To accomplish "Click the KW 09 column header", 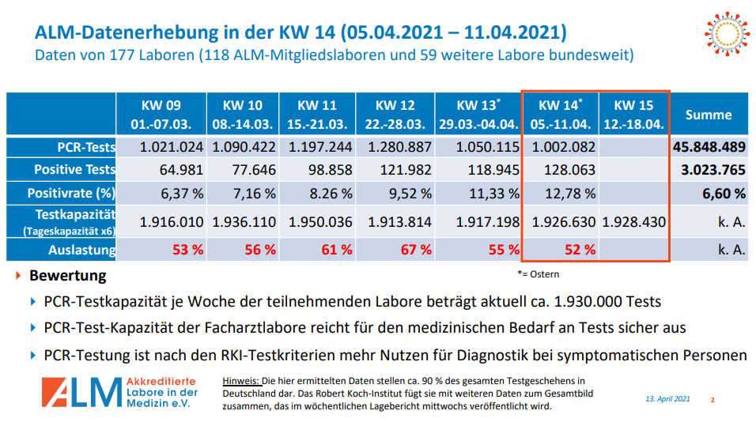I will pos(161,115).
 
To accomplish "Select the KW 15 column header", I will pos(633,115).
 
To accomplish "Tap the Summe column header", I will pos(709,115).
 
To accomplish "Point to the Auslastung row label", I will pos(81,250).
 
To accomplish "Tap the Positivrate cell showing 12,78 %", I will pos(563,193).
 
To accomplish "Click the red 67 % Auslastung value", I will pos(416,250).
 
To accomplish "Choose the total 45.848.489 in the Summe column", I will pos(709,147).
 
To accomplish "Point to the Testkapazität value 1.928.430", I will pos(633,222).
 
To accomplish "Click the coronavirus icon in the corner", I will pos(724,34).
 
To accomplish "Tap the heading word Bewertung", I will pos(67,277).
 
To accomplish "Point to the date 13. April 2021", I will pos(667,399).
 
